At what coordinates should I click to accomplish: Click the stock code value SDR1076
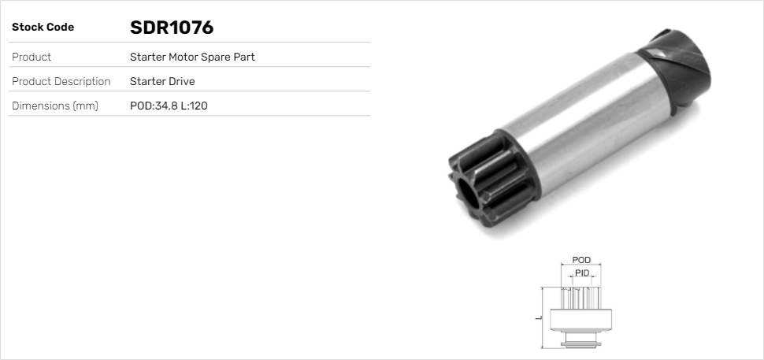(172, 28)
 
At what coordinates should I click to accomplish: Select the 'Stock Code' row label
(43, 28)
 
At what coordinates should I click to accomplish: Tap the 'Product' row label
(32, 57)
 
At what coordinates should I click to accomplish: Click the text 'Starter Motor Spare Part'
(192, 57)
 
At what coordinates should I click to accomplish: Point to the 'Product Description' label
(61, 81)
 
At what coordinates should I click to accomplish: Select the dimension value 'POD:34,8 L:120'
(169, 106)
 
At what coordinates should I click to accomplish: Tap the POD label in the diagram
(581, 260)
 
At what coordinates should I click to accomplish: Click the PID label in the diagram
(582, 273)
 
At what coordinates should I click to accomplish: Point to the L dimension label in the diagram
(537, 317)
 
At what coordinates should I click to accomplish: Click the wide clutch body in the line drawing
(582, 321)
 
